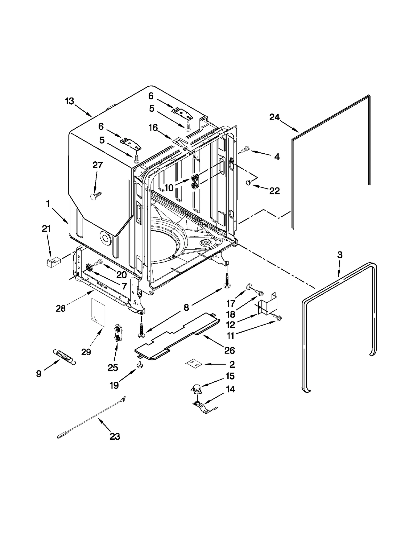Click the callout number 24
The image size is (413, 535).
274,117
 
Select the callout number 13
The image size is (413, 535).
69,101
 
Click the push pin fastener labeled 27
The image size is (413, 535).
95,195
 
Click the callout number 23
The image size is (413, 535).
115,436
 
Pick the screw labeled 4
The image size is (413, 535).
245,149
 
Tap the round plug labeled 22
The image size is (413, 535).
248,183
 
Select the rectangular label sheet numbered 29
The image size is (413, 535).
98,313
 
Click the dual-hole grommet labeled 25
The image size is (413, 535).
117,334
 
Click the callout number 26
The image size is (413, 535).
229,350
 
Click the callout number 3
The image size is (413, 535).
339,255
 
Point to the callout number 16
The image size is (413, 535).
153,128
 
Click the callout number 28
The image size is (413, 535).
61,308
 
